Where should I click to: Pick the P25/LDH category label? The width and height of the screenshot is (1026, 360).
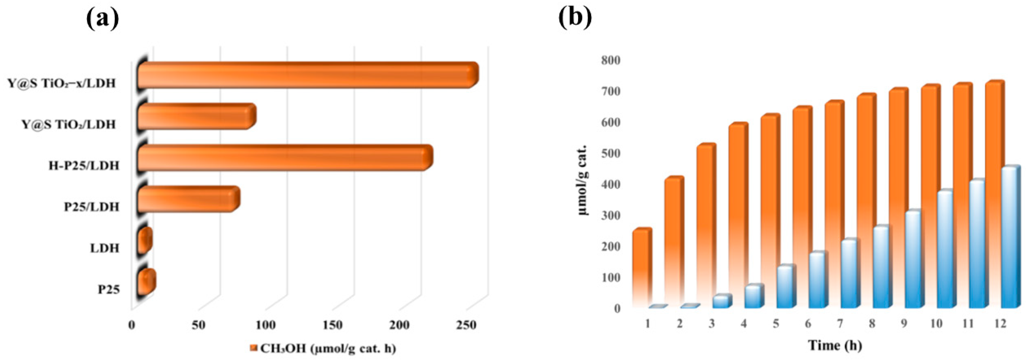coord(92,207)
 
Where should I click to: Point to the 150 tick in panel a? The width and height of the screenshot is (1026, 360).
coord(332,325)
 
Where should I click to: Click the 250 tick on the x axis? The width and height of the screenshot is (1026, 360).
coord(466,325)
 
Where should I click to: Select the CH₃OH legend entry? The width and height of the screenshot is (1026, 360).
coord(323,349)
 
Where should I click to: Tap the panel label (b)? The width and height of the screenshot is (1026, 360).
coord(575,18)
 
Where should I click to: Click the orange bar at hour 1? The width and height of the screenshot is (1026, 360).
coord(640,271)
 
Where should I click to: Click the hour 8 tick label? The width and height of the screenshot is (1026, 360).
coord(872,324)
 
